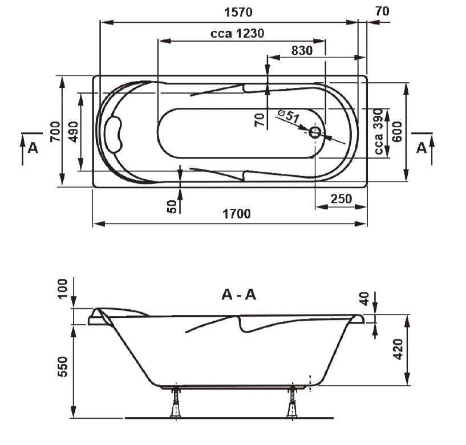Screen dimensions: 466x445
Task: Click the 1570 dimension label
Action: (238, 13)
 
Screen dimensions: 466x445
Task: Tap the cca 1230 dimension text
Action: (237, 33)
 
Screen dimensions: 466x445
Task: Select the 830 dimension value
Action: (302, 51)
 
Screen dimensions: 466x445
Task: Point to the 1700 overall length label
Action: (237, 214)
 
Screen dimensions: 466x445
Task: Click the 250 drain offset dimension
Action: (341, 199)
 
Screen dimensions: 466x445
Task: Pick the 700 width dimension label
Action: (55, 132)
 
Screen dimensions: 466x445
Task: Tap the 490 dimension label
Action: (73, 132)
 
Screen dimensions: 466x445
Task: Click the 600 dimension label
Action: (397, 132)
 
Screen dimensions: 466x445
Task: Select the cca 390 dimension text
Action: (378, 132)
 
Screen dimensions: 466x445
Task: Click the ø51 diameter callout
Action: (288, 116)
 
